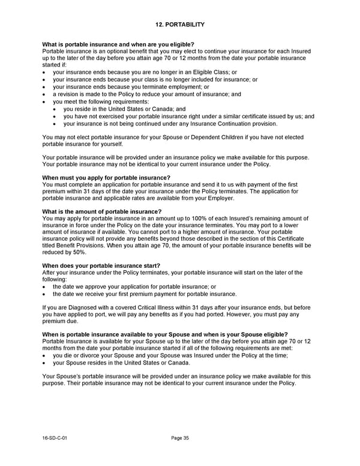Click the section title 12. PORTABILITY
(x=179, y=25)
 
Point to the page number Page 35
(x=180, y=438)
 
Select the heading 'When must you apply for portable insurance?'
(x=106, y=178)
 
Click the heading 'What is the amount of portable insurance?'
(x=102, y=211)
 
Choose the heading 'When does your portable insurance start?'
(x=101, y=265)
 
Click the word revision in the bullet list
(x=68, y=94)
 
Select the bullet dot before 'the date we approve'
(x=45, y=287)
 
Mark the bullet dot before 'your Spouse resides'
(x=45, y=363)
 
